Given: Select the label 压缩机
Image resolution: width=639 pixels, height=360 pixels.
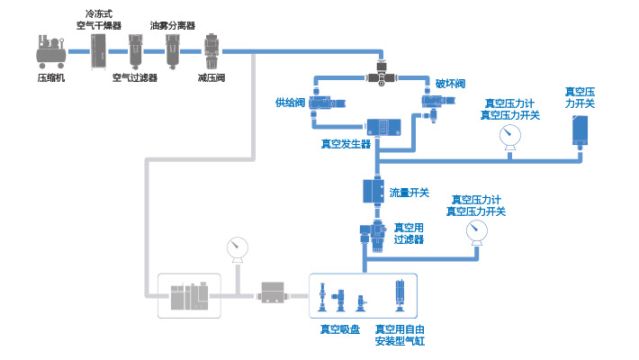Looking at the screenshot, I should pyautogui.click(x=50, y=78).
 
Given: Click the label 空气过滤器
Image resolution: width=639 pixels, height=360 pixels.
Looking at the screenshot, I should pyautogui.click(x=135, y=78).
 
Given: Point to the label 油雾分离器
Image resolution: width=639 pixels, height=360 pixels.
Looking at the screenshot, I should pyautogui.click(x=173, y=25).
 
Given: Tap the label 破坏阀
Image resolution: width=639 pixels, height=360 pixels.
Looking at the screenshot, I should pyautogui.click(x=450, y=84).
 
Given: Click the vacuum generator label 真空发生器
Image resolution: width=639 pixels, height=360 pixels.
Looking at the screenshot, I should pyautogui.click(x=346, y=143).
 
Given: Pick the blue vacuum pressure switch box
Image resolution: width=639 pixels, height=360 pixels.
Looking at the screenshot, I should pyautogui.click(x=580, y=131).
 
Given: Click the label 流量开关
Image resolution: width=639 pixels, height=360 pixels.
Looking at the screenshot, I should pyautogui.click(x=409, y=193).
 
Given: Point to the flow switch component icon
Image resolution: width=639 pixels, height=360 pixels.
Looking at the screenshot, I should pyautogui.click(x=373, y=192).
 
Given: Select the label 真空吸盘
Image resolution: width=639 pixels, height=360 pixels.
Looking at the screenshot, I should pyautogui.click(x=339, y=329).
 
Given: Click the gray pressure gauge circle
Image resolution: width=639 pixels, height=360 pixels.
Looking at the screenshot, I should pyautogui.click(x=238, y=247).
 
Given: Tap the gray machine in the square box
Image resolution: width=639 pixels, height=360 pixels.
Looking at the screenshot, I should pyautogui.click(x=189, y=294).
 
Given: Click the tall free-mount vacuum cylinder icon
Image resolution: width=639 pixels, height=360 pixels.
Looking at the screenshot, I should pyautogui.click(x=399, y=295).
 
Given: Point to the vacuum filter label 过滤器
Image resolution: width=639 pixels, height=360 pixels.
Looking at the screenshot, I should pyautogui.click(x=409, y=239).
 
